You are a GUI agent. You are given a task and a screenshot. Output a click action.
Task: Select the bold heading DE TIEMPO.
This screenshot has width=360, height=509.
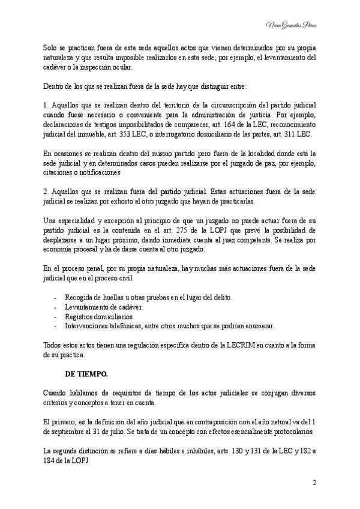(86, 373)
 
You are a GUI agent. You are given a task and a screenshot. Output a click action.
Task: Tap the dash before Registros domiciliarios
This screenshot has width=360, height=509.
(55, 316)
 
